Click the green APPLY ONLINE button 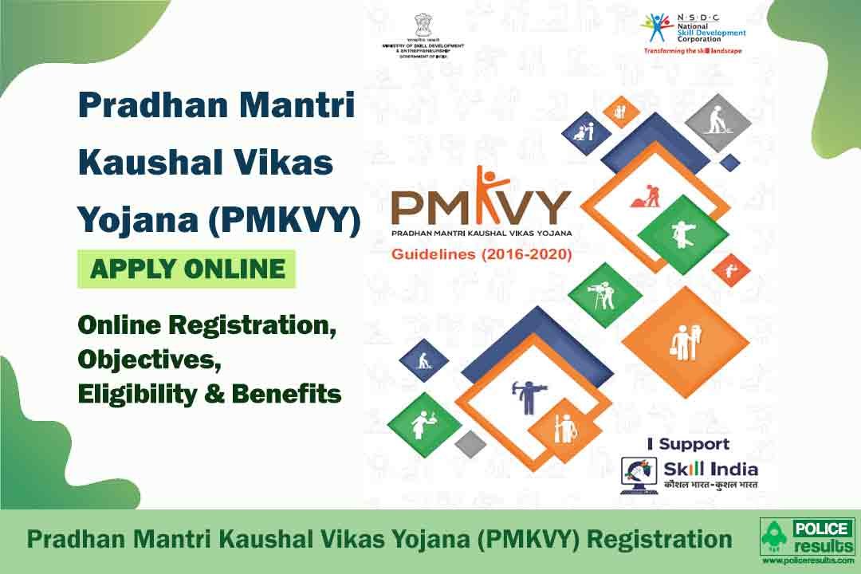point(187,269)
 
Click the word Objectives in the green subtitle point(148,360)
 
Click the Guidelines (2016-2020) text point(476,255)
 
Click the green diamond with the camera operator point(607,294)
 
